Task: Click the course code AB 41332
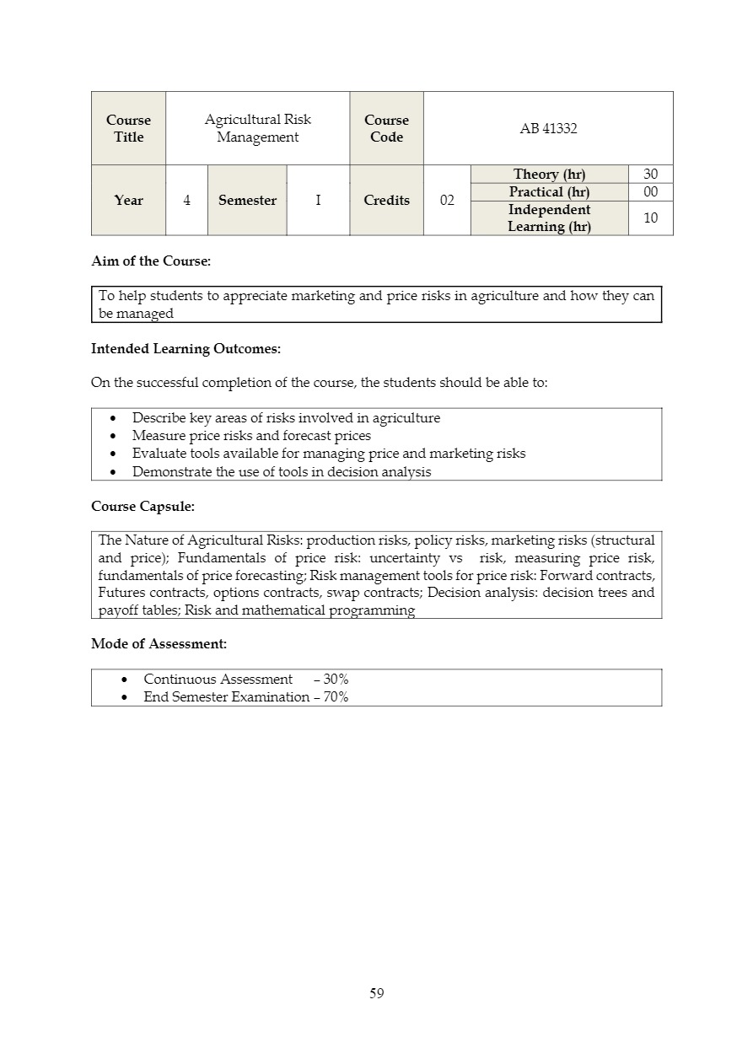pyautogui.click(x=549, y=129)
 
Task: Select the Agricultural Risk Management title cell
pyautogui.click(x=257, y=129)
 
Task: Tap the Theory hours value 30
pyautogui.click(x=650, y=175)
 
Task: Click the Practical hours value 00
pyautogui.click(x=650, y=192)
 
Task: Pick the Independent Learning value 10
pyautogui.click(x=650, y=218)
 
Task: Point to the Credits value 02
pyautogui.click(x=447, y=201)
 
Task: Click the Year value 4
pyautogui.click(x=186, y=201)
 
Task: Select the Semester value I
pyautogui.click(x=318, y=201)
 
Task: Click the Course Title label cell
pyautogui.click(x=128, y=129)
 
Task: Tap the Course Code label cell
pyautogui.click(x=386, y=129)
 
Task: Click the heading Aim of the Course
pyautogui.click(x=151, y=261)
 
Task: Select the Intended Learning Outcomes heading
pyautogui.click(x=186, y=349)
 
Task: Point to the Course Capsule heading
pyautogui.click(x=143, y=507)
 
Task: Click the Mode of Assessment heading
pyautogui.click(x=159, y=644)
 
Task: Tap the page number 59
pyautogui.click(x=377, y=993)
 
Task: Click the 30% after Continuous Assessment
pyautogui.click(x=336, y=680)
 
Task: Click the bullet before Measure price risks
pyautogui.click(x=114, y=437)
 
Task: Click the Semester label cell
pyautogui.click(x=247, y=201)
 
